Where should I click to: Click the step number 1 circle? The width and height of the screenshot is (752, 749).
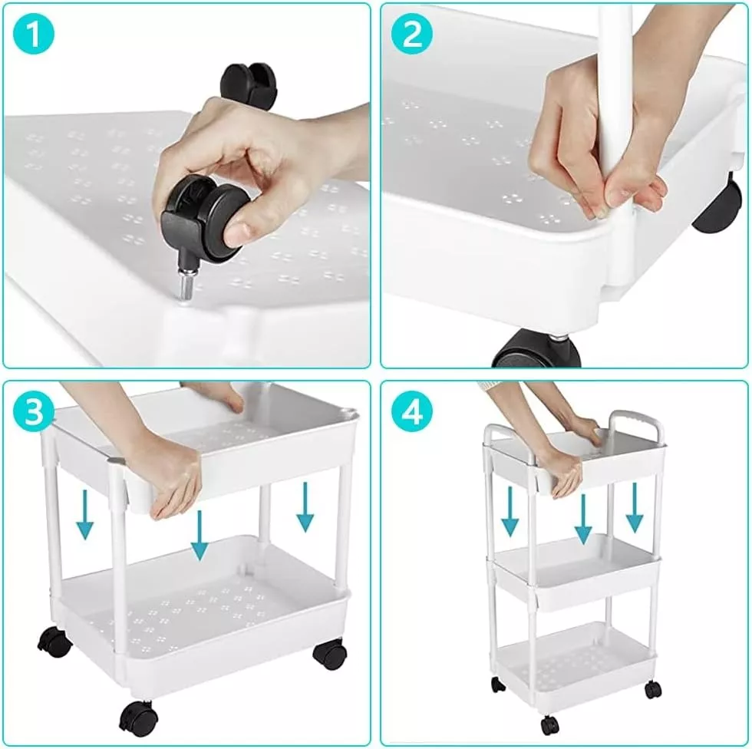34,34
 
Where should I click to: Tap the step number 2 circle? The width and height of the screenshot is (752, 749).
411,34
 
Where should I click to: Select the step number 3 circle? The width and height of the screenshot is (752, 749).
34,411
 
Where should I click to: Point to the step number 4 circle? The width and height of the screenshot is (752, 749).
411,411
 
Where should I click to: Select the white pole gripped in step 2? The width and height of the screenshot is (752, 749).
616,144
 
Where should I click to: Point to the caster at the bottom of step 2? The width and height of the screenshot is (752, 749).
536,350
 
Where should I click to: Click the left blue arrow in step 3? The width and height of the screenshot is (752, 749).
85,514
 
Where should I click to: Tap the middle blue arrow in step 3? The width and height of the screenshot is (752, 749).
199,535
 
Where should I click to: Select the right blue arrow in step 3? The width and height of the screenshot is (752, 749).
305,507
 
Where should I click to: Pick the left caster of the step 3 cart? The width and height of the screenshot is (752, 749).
54,642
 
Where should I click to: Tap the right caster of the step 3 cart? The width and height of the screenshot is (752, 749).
330,653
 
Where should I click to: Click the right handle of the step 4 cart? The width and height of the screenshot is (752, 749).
637,424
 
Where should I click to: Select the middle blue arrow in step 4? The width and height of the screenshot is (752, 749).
583,520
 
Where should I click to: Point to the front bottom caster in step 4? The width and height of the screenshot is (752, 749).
549,725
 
